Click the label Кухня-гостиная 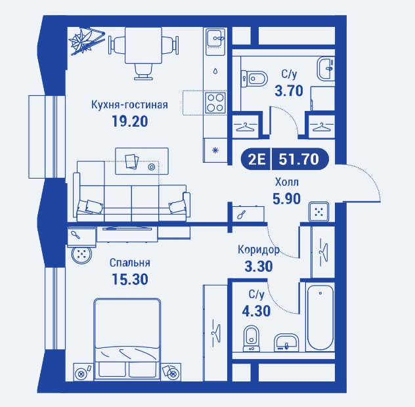click(x=129, y=105)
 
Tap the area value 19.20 click(x=130, y=121)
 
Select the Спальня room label click(x=130, y=263)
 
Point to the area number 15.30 click(x=130, y=279)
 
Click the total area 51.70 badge click(x=299, y=160)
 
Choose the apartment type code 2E click(x=257, y=160)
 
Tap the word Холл click(x=287, y=182)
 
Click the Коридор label click(x=259, y=249)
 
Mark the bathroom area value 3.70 click(x=289, y=91)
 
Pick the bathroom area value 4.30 click(x=256, y=311)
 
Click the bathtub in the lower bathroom click(x=320, y=317)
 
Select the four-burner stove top click(x=215, y=102)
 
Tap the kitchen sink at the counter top click(x=215, y=39)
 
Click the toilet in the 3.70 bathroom click(x=254, y=79)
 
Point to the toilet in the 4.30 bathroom click(x=251, y=338)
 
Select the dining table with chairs click(x=143, y=52)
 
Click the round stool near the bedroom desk click(x=81, y=255)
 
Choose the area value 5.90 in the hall click(x=287, y=199)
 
